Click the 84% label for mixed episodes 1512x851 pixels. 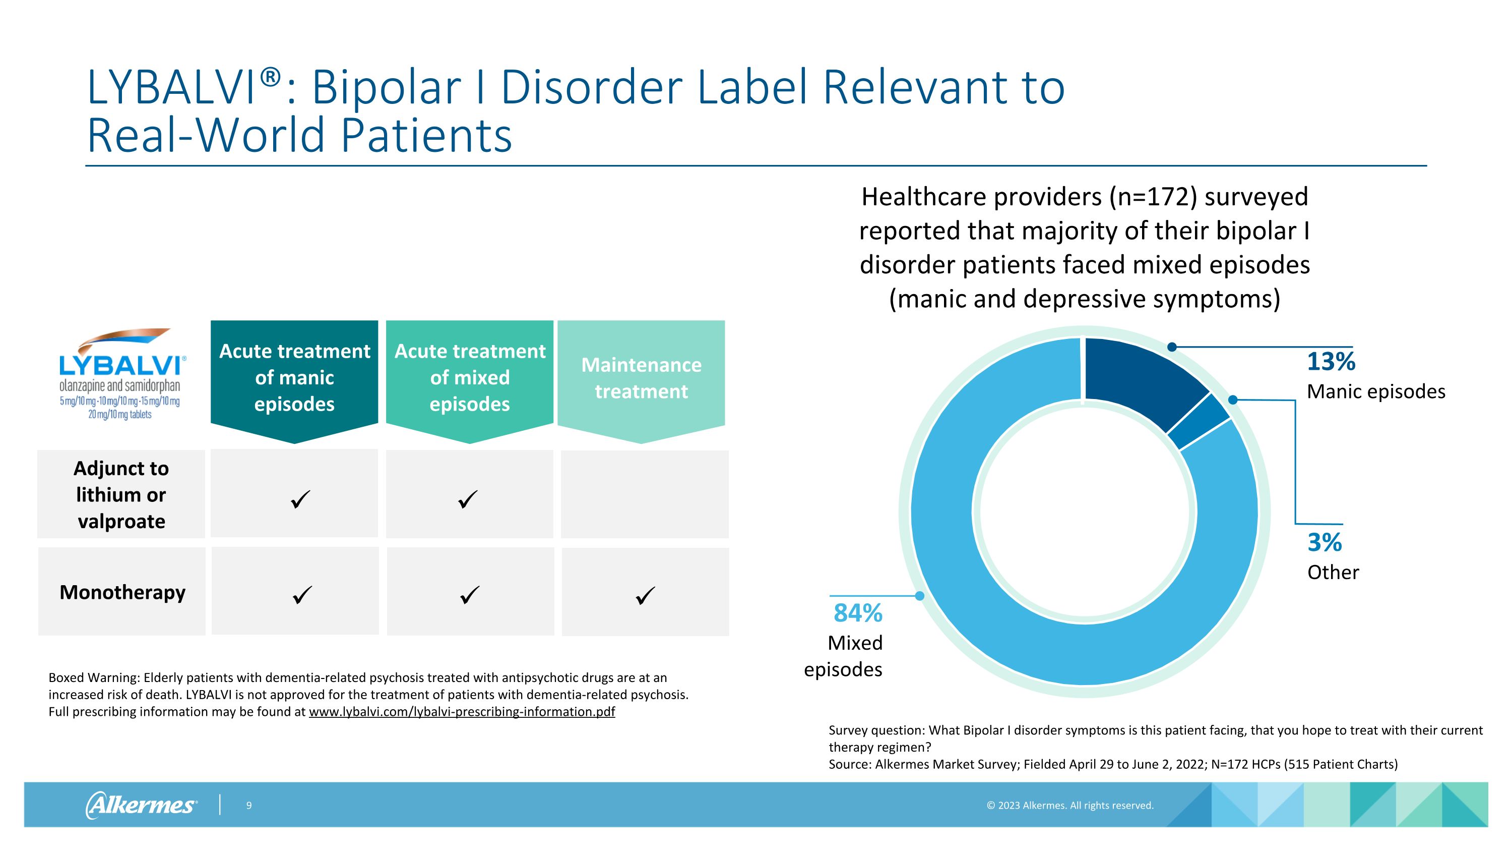[857, 613]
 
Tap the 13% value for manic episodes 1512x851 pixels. [1331, 361]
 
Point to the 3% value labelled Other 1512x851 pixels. [1324, 542]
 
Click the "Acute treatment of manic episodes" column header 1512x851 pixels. [294, 378]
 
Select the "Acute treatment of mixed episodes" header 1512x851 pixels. [470, 378]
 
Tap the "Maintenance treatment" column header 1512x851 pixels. [641, 378]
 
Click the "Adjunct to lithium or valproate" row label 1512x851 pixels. [121, 494]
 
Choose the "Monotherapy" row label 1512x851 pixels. [122, 592]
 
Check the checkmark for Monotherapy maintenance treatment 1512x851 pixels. [645, 596]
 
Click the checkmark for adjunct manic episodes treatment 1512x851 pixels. [300, 500]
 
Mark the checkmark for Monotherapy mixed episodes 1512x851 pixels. [470, 596]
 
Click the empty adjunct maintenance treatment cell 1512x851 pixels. [645, 494]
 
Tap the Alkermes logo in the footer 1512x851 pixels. [142, 805]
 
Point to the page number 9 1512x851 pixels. [249, 806]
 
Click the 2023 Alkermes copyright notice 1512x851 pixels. [1070, 806]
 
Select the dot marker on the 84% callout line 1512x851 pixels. [920, 596]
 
